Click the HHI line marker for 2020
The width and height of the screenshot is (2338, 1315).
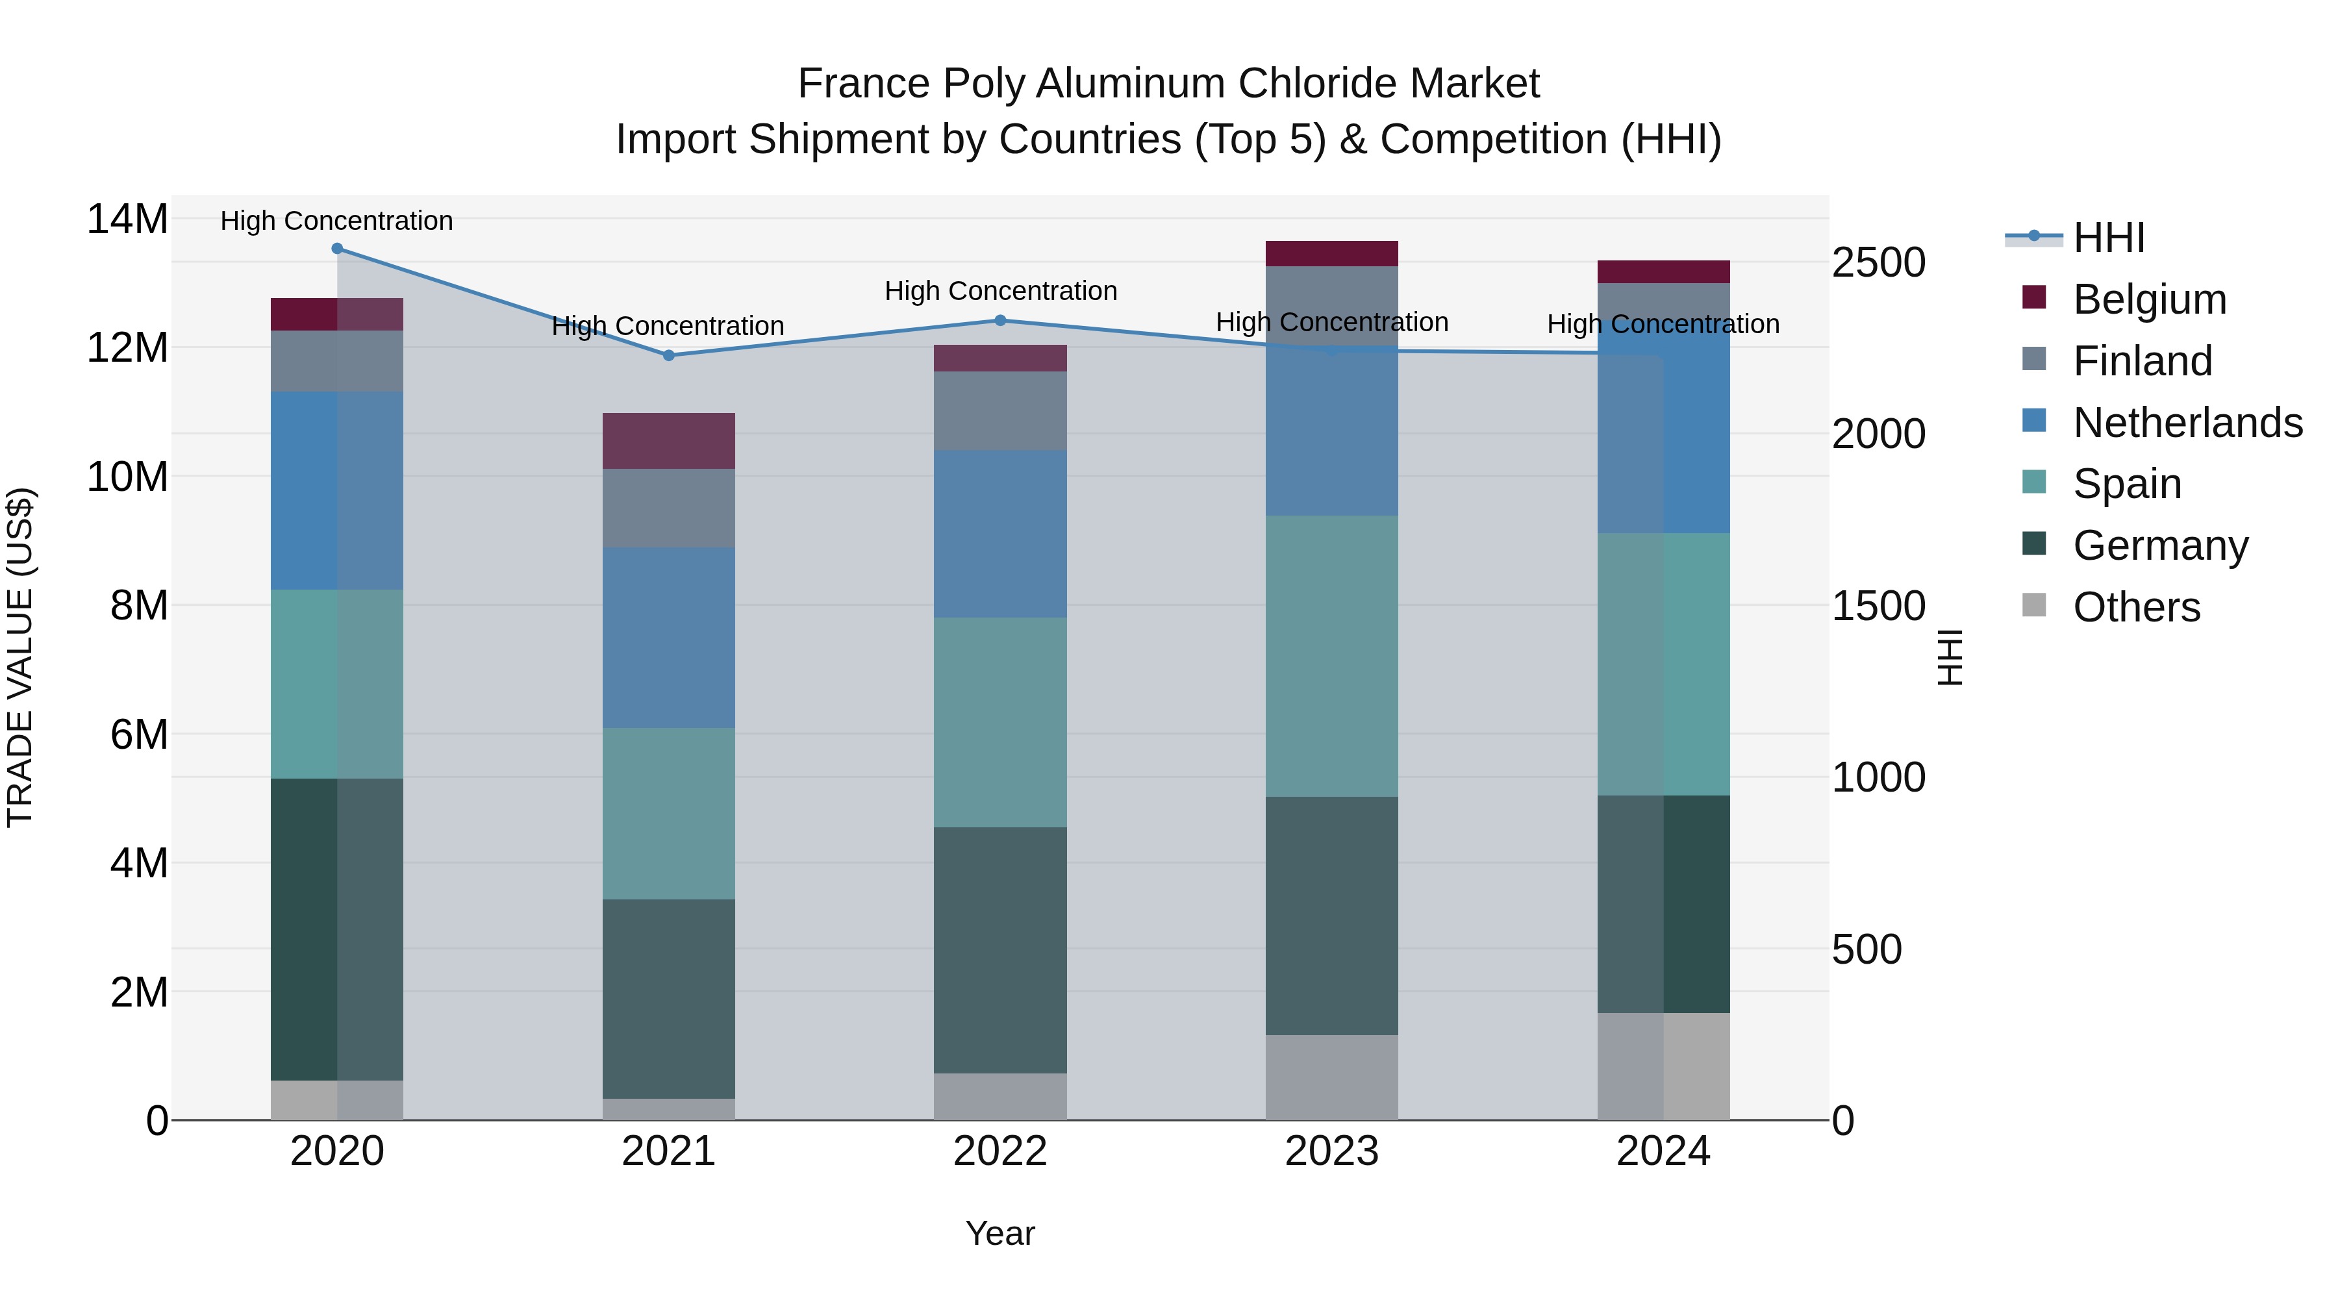[336, 249]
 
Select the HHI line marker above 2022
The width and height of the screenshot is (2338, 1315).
[1000, 320]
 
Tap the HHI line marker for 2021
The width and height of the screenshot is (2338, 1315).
[669, 356]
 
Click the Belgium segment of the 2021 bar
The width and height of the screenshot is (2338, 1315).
[669, 441]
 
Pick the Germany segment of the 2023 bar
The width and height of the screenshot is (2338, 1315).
[1331, 916]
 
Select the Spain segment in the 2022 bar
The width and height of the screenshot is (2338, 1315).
[1000, 722]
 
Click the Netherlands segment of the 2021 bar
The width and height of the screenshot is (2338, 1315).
[669, 637]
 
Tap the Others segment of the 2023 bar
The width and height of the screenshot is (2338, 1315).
[1331, 1077]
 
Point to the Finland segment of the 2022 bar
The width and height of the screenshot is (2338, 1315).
[1000, 410]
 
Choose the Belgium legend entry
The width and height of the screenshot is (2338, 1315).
[2149, 299]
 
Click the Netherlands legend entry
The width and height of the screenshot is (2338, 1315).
[2187, 423]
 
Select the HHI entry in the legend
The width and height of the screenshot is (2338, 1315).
[2108, 238]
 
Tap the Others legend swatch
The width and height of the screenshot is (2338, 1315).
[2034, 605]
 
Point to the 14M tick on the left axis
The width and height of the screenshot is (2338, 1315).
[127, 219]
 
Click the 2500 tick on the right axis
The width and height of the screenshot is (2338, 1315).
[1878, 263]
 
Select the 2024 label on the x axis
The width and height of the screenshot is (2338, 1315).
[1663, 1151]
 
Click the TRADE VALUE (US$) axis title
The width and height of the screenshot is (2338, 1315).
[20, 657]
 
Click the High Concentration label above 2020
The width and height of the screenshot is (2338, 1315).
[336, 221]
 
